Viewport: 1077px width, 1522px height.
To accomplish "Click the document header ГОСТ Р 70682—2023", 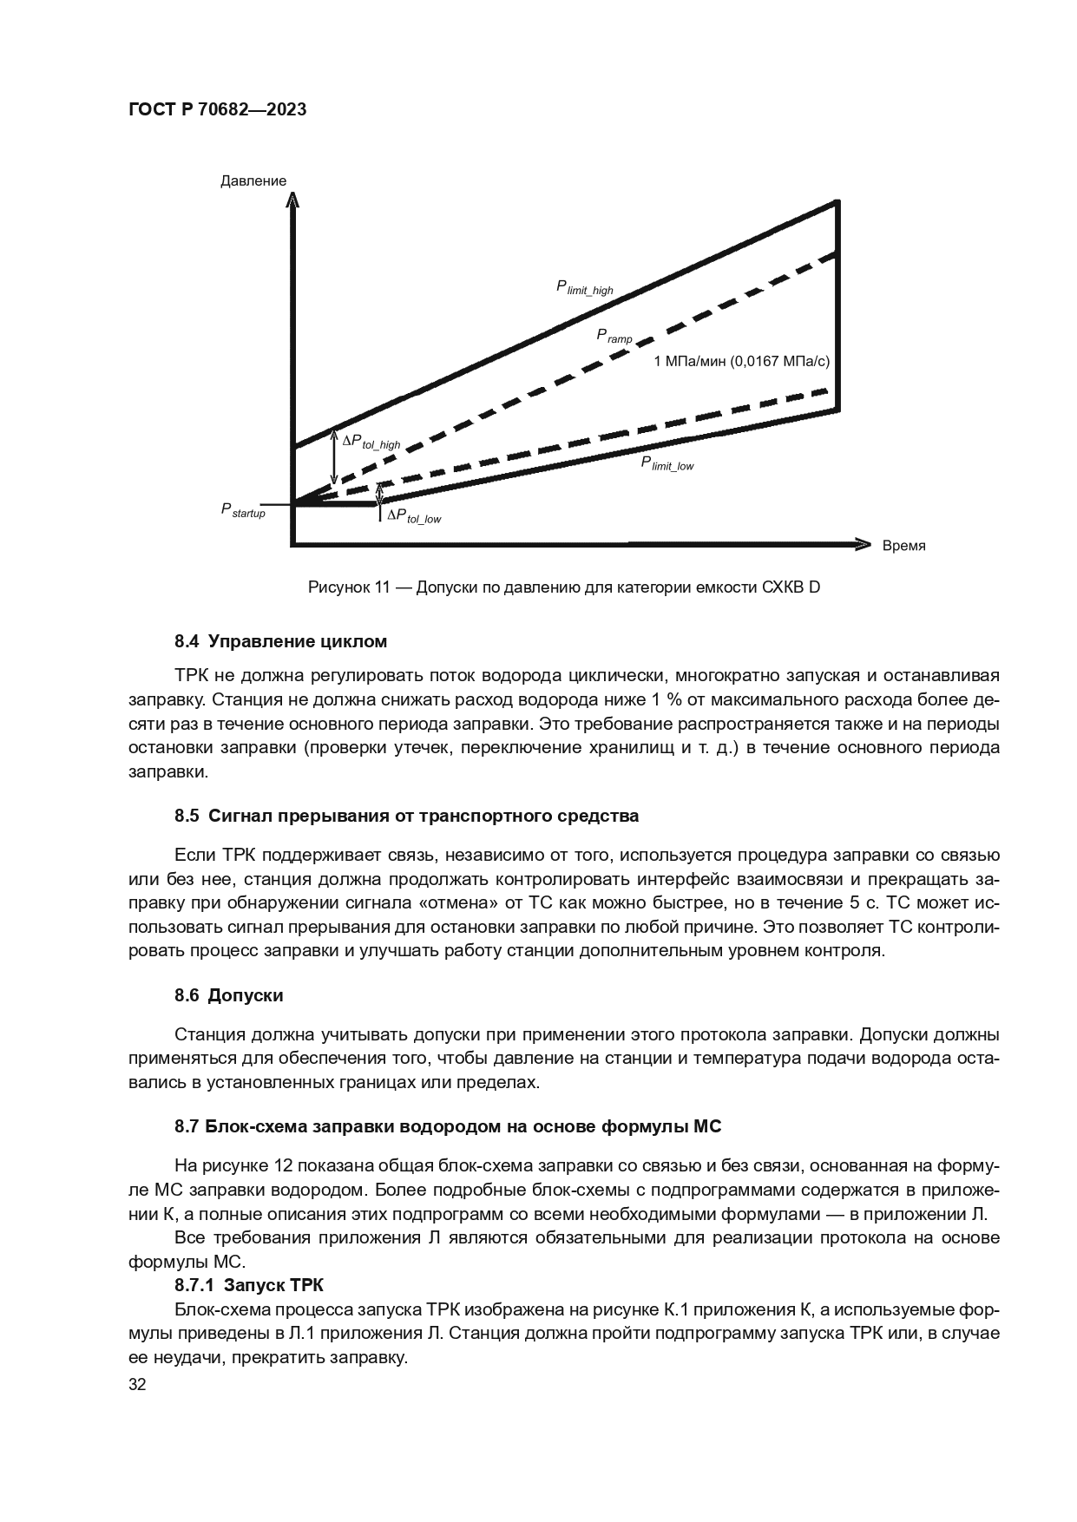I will click(x=217, y=110).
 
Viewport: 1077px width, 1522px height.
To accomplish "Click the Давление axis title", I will click(x=253, y=180).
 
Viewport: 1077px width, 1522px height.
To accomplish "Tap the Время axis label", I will click(x=903, y=546).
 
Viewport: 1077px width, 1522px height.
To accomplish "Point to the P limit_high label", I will click(x=584, y=287).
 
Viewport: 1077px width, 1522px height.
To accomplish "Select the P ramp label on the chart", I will click(x=614, y=336).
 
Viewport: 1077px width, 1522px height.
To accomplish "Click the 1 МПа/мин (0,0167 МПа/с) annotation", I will click(x=740, y=361).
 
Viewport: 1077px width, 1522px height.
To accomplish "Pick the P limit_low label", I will click(x=667, y=463).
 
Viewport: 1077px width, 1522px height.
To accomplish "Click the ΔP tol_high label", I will click(x=371, y=442).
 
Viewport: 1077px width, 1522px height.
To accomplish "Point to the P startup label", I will click(x=243, y=511).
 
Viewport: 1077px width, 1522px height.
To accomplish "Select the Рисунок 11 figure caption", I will click(x=564, y=587).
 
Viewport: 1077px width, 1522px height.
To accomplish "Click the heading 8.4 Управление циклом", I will click(x=280, y=641).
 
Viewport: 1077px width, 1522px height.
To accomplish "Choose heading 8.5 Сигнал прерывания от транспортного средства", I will click(x=406, y=816).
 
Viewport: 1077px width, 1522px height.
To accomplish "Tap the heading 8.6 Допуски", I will click(x=228, y=994).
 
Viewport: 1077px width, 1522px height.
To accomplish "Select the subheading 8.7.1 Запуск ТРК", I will click(x=249, y=1285).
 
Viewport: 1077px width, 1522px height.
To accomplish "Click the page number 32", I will click(x=137, y=1384).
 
